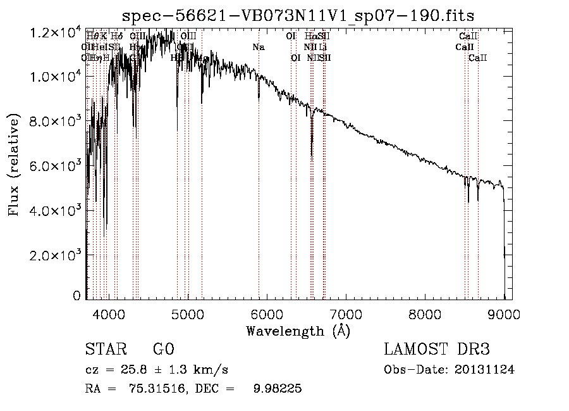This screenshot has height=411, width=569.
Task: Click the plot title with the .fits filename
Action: point(298,15)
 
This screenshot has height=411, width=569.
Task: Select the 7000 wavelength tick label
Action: point(346,313)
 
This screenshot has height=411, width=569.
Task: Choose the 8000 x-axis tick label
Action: point(425,313)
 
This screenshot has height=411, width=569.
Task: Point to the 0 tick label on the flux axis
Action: point(76,296)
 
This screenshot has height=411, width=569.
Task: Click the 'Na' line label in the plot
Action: point(258,47)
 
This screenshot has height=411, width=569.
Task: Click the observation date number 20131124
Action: point(485,370)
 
